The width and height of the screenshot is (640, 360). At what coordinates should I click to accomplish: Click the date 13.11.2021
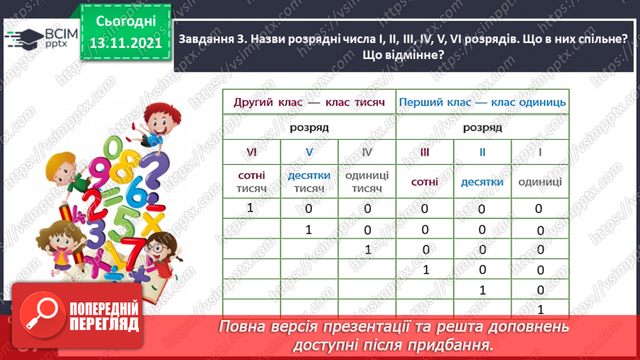point(126,43)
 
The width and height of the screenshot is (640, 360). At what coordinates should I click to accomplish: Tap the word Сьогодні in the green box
point(126,22)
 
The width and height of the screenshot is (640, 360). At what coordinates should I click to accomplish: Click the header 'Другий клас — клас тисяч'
point(309,102)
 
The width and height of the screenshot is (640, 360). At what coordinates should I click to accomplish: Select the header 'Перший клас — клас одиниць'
point(482,102)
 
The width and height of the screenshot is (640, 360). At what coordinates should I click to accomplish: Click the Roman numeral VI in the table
point(252,152)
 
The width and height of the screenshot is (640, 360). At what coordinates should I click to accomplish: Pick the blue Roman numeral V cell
point(309,152)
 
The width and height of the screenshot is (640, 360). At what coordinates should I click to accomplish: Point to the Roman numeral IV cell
point(367,152)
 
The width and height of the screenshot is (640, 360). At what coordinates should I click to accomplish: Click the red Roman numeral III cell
point(425,152)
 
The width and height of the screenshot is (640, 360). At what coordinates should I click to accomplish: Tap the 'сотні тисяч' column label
point(252,182)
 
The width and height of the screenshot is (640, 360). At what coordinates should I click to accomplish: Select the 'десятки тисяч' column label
point(309,182)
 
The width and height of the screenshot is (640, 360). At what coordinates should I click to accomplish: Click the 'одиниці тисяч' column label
point(367,182)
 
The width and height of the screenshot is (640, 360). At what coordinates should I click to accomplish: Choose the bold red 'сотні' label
point(425,182)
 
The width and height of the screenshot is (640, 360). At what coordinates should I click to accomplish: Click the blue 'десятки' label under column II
point(482,182)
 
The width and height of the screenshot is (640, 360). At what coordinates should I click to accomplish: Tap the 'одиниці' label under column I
point(540,182)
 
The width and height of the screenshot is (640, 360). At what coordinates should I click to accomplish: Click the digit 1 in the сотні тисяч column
point(251,208)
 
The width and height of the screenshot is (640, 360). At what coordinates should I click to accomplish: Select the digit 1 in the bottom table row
point(540,309)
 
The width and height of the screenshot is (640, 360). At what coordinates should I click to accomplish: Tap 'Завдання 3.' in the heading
point(209,41)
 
